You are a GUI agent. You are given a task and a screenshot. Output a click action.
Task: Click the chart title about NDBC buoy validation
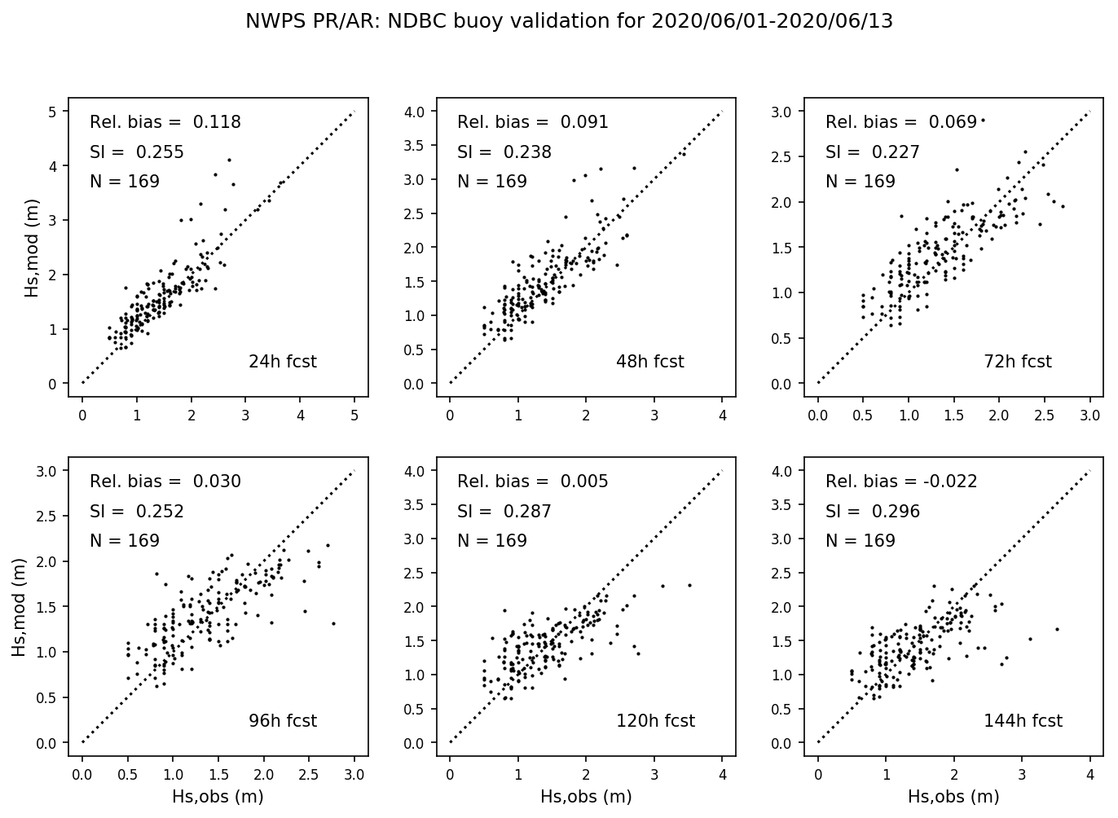(x=569, y=22)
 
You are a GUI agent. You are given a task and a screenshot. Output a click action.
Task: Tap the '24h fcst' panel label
(x=282, y=362)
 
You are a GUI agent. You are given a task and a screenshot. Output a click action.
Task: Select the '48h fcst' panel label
(x=649, y=362)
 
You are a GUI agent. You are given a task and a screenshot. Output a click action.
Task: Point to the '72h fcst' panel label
(x=1018, y=362)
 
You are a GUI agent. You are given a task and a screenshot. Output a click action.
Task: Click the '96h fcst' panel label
(x=282, y=721)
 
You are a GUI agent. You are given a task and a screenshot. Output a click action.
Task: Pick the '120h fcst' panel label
(x=655, y=721)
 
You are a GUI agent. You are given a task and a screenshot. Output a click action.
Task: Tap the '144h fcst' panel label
(x=1023, y=721)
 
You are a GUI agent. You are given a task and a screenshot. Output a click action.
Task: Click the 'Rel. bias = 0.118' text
(x=165, y=123)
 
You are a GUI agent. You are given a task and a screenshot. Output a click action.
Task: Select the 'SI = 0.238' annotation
(x=504, y=152)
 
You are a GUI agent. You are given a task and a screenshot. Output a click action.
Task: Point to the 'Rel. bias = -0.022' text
(x=901, y=482)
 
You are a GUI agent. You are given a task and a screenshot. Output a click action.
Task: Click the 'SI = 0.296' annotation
(x=872, y=512)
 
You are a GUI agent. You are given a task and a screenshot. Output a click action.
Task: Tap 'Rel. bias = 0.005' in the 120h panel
(x=533, y=482)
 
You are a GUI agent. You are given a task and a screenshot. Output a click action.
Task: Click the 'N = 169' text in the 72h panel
(x=861, y=182)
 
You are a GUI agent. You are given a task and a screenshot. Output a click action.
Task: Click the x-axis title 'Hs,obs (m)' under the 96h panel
(x=218, y=797)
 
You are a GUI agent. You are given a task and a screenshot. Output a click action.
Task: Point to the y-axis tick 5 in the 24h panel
(x=53, y=112)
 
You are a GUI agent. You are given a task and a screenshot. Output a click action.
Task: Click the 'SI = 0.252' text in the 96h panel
(x=137, y=512)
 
